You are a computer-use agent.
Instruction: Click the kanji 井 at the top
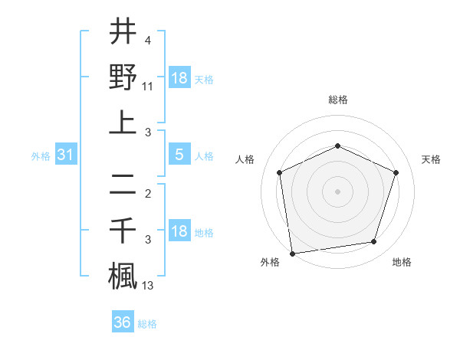pyautogui.click(x=123, y=33)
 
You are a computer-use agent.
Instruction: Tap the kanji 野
pyautogui.click(x=123, y=77)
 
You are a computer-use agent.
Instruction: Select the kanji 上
pyautogui.click(x=123, y=123)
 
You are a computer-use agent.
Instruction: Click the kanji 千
pyautogui.click(x=123, y=231)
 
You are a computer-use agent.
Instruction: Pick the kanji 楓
pyautogui.click(x=123, y=275)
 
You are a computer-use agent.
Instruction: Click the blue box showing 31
pyautogui.click(x=66, y=155)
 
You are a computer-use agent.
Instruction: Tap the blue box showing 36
pyautogui.click(x=123, y=323)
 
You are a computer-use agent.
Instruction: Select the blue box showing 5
pyautogui.click(x=179, y=155)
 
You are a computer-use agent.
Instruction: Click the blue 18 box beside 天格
pyautogui.click(x=179, y=78)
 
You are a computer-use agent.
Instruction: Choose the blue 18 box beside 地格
pyautogui.click(x=179, y=231)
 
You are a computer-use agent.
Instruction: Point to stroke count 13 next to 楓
pyautogui.click(x=148, y=286)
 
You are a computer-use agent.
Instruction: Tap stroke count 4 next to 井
pyautogui.click(x=147, y=39)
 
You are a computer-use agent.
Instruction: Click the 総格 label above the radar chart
pyautogui.click(x=337, y=100)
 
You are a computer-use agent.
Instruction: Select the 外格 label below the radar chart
pyautogui.click(x=270, y=263)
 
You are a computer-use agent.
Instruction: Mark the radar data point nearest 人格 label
pyautogui.click(x=280, y=172)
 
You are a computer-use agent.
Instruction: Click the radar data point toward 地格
pyautogui.click(x=373, y=241)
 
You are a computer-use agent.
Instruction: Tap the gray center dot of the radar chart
pyautogui.click(x=337, y=191)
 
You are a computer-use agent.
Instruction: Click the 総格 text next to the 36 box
pyautogui.click(x=147, y=324)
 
